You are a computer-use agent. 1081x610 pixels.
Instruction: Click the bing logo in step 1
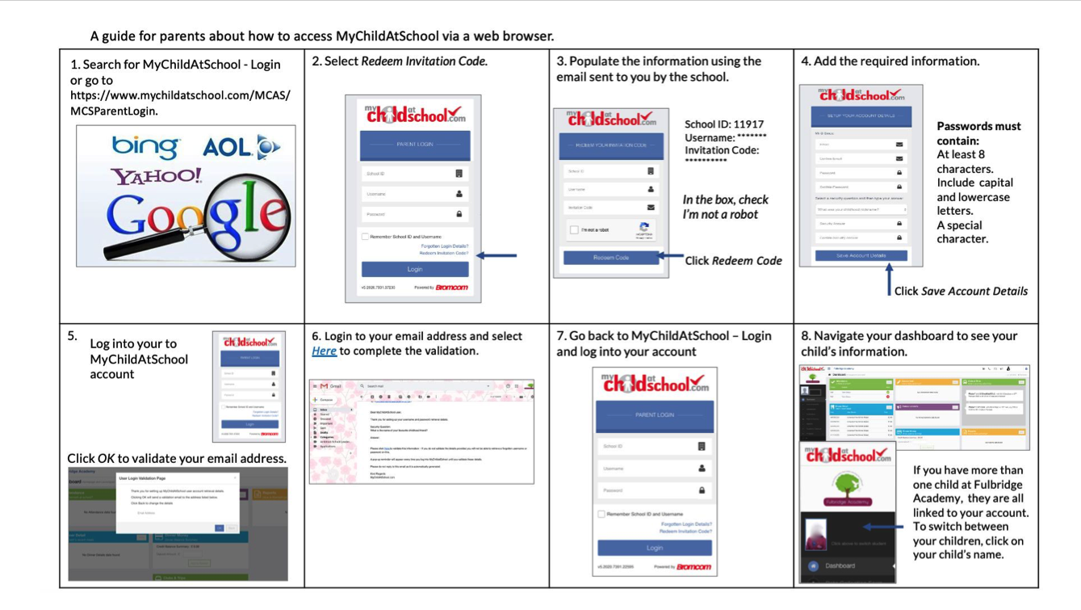pyautogui.click(x=145, y=147)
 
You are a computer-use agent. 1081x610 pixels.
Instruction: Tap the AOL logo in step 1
pyautogui.click(x=241, y=147)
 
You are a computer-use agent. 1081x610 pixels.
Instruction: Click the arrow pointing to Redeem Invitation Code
pyautogui.click(x=497, y=255)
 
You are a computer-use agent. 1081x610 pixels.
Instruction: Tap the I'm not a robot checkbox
pyautogui.click(x=574, y=230)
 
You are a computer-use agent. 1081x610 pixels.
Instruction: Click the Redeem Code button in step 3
pyautogui.click(x=610, y=258)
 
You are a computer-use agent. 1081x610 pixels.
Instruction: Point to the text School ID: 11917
pyautogui.click(x=723, y=124)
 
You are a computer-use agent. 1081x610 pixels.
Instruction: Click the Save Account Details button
pyautogui.click(x=861, y=255)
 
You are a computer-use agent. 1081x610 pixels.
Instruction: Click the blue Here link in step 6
pyautogui.click(x=324, y=351)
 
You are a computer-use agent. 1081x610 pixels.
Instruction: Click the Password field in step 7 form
pyautogui.click(x=653, y=490)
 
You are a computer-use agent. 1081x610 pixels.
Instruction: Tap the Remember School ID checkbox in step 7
pyautogui.click(x=601, y=514)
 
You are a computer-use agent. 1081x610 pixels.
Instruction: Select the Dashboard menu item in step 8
pyautogui.click(x=840, y=566)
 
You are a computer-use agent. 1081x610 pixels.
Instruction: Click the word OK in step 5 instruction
pyautogui.click(x=106, y=458)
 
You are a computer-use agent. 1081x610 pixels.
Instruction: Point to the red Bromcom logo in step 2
pyautogui.click(x=451, y=288)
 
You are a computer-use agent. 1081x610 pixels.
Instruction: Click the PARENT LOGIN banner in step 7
pyautogui.click(x=654, y=415)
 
